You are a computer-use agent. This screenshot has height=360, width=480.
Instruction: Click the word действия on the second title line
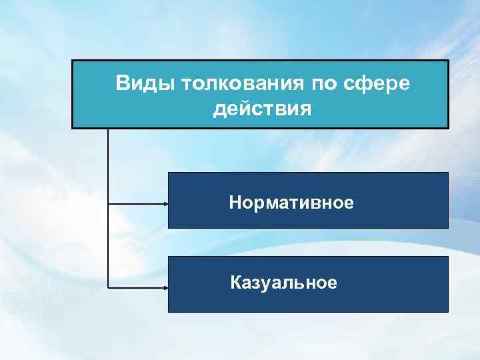262,108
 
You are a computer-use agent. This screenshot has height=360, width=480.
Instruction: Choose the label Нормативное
291,201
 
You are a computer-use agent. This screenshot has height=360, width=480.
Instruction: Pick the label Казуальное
283,283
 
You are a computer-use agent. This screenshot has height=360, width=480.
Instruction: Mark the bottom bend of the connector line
107,287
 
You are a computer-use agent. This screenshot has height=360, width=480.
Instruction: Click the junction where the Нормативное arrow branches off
107,201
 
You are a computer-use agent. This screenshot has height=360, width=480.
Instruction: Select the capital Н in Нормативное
235,201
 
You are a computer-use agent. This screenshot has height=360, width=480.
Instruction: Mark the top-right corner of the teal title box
449,61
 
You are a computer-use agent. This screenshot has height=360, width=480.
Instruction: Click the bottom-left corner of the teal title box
72,127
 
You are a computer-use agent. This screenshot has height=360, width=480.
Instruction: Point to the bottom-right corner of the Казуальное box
448,312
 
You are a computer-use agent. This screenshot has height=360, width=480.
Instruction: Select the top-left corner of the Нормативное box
168,173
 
